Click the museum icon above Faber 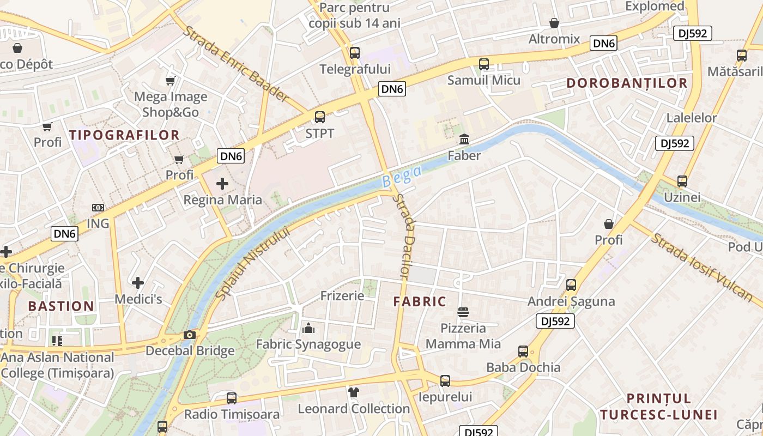[464, 140]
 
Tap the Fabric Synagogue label [308, 344]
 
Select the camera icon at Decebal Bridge [190, 335]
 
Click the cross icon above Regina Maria [222, 184]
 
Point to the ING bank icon [98, 208]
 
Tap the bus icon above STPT [320, 117]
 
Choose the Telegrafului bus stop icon [355, 53]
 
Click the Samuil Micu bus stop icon [483, 64]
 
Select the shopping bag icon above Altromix [554, 23]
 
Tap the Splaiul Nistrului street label [252, 263]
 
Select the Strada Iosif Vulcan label [703, 267]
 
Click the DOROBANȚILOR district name [627, 83]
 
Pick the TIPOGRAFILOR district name [124, 135]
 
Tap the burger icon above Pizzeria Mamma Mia [463, 312]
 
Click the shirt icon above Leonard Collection [354, 392]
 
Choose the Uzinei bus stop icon [682, 181]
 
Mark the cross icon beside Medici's [138, 283]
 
